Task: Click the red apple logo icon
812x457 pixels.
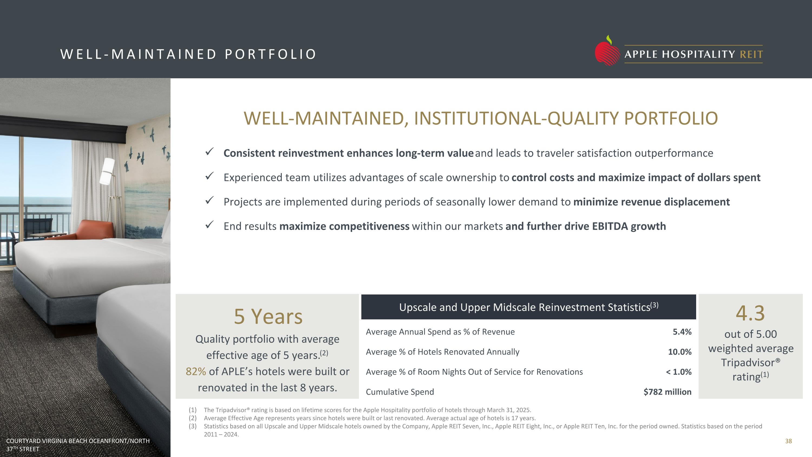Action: pyautogui.click(x=607, y=51)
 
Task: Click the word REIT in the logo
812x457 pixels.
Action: pyautogui.click(x=751, y=54)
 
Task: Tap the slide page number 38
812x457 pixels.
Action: pyautogui.click(x=788, y=441)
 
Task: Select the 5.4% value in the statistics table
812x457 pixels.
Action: pyautogui.click(x=682, y=332)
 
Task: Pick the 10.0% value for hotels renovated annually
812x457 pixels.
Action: pyautogui.click(x=680, y=352)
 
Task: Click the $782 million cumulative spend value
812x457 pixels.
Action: pyautogui.click(x=667, y=392)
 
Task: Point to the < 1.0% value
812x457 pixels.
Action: pyautogui.click(x=679, y=372)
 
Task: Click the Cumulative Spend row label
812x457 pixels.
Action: pyautogui.click(x=400, y=392)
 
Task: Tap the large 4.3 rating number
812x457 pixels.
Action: pyautogui.click(x=750, y=313)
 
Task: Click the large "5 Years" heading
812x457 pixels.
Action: pyautogui.click(x=268, y=316)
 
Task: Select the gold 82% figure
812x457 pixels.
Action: pyautogui.click(x=196, y=371)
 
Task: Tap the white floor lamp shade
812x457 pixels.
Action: pyautogui.click(x=107, y=171)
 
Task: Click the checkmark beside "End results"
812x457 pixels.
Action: pyautogui.click(x=209, y=225)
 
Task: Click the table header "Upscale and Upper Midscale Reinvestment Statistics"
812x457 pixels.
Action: pyautogui.click(x=529, y=307)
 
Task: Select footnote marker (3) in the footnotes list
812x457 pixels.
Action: pyautogui.click(x=193, y=426)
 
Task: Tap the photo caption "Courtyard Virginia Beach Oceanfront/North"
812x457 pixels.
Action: pyautogui.click(x=78, y=441)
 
